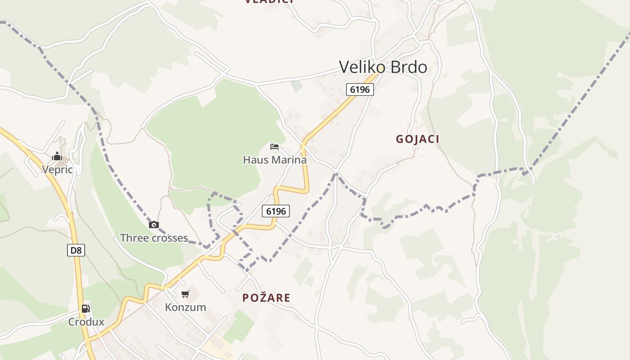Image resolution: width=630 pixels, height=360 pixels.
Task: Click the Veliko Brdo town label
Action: (x=383, y=67)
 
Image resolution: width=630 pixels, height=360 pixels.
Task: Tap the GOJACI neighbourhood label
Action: (x=418, y=139)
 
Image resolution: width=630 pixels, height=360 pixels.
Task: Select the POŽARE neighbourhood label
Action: (x=266, y=297)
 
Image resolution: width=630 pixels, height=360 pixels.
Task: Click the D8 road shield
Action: (x=76, y=250)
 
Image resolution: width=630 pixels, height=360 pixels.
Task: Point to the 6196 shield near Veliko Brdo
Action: (x=360, y=90)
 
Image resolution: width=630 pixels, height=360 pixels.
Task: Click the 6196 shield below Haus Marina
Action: (x=276, y=211)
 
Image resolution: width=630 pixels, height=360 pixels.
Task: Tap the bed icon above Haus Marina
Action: (x=274, y=147)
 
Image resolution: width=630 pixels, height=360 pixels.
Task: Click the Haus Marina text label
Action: (x=274, y=160)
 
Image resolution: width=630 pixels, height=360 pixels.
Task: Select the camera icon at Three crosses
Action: (x=154, y=225)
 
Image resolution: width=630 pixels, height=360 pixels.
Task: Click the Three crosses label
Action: (x=154, y=238)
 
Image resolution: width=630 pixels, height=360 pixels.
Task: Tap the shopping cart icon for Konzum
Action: (x=185, y=294)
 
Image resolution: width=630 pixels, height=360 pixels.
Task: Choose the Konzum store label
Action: (x=185, y=307)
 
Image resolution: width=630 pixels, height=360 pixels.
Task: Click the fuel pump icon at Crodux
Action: (x=85, y=309)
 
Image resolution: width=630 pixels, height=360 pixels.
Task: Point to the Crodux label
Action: (x=86, y=322)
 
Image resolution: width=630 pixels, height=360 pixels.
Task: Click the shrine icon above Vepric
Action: (x=57, y=157)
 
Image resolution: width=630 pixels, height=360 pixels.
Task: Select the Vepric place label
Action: (x=57, y=169)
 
